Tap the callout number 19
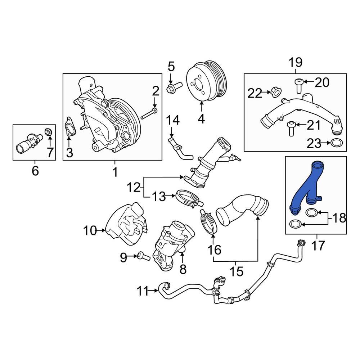tap(295, 63)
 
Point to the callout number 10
tap(90, 230)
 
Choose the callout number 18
tap(338, 217)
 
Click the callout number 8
tap(183, 269)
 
